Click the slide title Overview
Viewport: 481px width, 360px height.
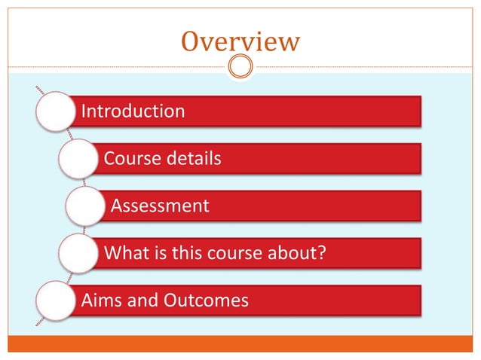tap(240, 41)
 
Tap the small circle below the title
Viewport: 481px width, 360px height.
tap(240, 66)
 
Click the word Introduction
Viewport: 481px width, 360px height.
tap(133, 112)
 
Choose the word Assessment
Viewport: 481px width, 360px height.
tap(160, 206)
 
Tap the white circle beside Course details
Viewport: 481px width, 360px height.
tap(78, 160)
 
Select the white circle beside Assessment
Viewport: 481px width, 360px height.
tap(85, 206)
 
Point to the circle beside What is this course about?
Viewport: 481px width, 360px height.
tap(78, 253)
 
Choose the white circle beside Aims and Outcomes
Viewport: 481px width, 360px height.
tap(55, 301)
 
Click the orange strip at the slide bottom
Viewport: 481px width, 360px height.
tap(240, 344)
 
